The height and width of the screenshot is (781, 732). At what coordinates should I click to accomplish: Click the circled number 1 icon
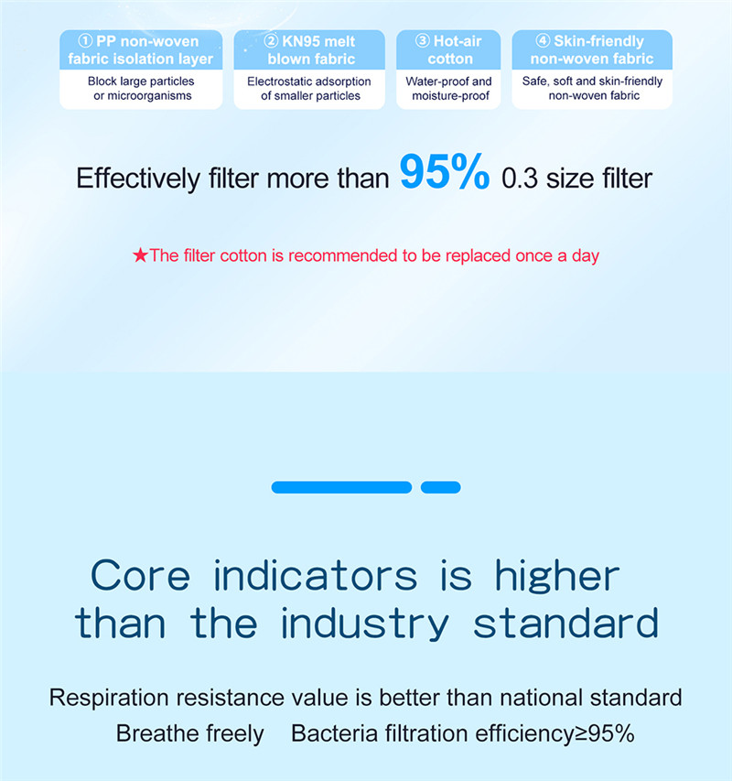tap(85, 41)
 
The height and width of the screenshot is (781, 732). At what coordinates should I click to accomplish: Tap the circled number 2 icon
tap(271, 41)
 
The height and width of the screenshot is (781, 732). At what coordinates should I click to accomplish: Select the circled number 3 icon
tap(422, 40)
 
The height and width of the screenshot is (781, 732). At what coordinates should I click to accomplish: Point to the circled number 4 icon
tap(543, 40)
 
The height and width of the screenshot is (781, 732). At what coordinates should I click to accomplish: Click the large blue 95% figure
tap(445, 171)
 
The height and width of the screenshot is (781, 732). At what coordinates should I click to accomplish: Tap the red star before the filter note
tap(140, 255)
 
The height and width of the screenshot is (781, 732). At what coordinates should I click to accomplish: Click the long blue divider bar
tap(341, 487)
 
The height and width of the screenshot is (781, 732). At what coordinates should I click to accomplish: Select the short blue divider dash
tap(440, 487)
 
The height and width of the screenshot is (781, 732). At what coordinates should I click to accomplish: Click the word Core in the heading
tap(140, 575)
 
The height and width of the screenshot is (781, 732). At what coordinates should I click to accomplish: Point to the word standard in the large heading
tap(565, 623)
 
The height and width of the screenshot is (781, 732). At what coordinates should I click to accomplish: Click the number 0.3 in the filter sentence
tap(520, 179)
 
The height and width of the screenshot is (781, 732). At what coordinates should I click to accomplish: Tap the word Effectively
tap(138, 179)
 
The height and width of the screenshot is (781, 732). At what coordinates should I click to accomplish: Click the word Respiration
tap(109, 698)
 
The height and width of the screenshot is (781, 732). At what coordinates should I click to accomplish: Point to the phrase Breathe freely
tap(190, 733)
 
